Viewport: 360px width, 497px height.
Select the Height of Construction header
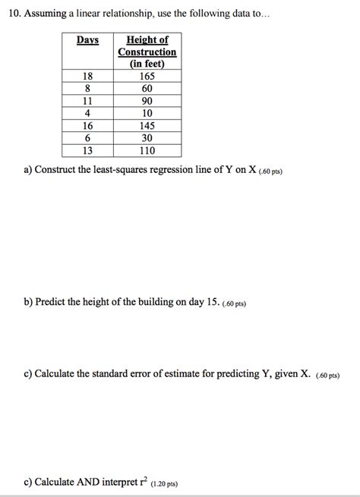pyautogui.click(x=147, y=52)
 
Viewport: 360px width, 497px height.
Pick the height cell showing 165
pyautogui.click(x=147, y=76)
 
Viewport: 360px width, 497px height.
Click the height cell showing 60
pyautogui.click(x=147, y=88)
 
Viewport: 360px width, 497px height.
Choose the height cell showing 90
pyautogui.click(x=147, y=101)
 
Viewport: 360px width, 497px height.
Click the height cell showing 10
pyautogui.click(x=147, y=113)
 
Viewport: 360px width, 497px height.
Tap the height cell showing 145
pyautogui.click(x=147, y=125)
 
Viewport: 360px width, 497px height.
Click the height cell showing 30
pyautogui.click(x=147, y=138)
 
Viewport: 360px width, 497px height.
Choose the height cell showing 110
pyautogui.click(x=147, y=150)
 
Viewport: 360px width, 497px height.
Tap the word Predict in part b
pyautogui.click(x=52, y=302)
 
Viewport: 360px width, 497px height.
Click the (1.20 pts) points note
pyautogui.click(x=164, y=483)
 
